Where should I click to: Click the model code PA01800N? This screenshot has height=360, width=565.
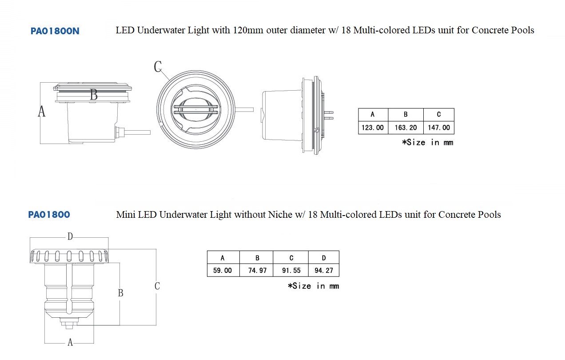point(55,31)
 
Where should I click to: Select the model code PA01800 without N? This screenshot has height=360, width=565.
point(49,215)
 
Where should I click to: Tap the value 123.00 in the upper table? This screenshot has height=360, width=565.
point(373,128)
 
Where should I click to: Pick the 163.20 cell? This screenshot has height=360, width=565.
point(406,128)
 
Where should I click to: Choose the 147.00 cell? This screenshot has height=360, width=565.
point(439,128)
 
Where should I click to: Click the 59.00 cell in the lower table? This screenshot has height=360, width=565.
point(222,270)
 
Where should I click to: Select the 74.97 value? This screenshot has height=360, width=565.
point(257,270)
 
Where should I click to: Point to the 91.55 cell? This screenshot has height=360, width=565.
point(291,270)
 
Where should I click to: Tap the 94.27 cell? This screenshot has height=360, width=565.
point(324,270)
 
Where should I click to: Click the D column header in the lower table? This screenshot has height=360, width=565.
point(324,258)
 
